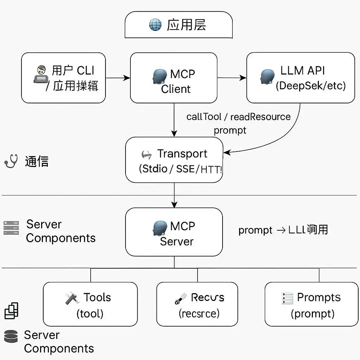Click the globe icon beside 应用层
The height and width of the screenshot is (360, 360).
(155, 25)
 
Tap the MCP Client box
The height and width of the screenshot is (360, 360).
(174, 78)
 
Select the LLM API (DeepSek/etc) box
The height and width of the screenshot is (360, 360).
(300, 78)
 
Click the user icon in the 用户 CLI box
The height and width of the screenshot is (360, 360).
(41, 74)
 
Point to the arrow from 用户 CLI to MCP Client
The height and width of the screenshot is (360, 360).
(118, 78)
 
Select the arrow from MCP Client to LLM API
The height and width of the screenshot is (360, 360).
(231, 78)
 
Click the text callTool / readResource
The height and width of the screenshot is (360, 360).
(238, 117)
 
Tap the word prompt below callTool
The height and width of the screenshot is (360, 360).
(230, 130)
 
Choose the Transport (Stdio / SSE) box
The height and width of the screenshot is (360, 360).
(174, 160)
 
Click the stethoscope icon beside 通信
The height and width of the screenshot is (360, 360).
(11, 161)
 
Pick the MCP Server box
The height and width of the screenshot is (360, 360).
(174, 232)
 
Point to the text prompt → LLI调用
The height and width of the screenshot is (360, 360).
(283, 230)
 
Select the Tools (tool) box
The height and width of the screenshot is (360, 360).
(90, 304)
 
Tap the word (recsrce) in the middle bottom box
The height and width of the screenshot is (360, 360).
(199, 313)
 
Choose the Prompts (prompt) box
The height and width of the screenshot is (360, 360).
(311, 304)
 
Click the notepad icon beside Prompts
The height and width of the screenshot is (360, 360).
(287, 298)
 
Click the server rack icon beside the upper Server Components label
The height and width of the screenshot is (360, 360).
(11, 228)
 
